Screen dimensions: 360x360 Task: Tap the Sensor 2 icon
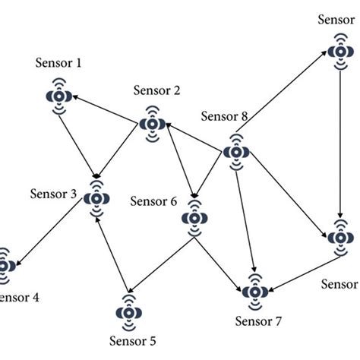pos(152,122)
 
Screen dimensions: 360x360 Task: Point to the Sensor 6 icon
pos(194,217)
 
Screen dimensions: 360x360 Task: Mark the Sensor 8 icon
pos(236,152)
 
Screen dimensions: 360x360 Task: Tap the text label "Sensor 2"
pos(156,91)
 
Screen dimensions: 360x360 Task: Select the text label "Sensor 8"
pos(224,116)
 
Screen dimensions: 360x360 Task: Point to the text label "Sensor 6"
pos(153,201)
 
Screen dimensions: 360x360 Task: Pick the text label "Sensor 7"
pos(258,321)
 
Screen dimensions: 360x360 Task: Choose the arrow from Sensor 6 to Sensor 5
pos(159,266)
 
